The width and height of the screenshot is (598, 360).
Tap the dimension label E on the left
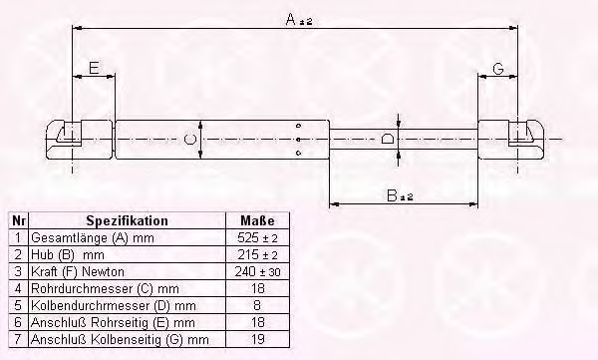[x=93, y=69]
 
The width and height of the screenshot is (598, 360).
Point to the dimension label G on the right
[x=497, y=69]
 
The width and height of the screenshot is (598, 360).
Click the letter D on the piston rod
[x=388, y=139]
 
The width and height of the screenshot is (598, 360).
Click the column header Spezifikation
[x=127, y=220]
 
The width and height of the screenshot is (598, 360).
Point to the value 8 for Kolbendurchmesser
[x=257, y=304]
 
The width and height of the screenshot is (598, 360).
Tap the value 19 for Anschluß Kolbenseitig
[x=257, y=338]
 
